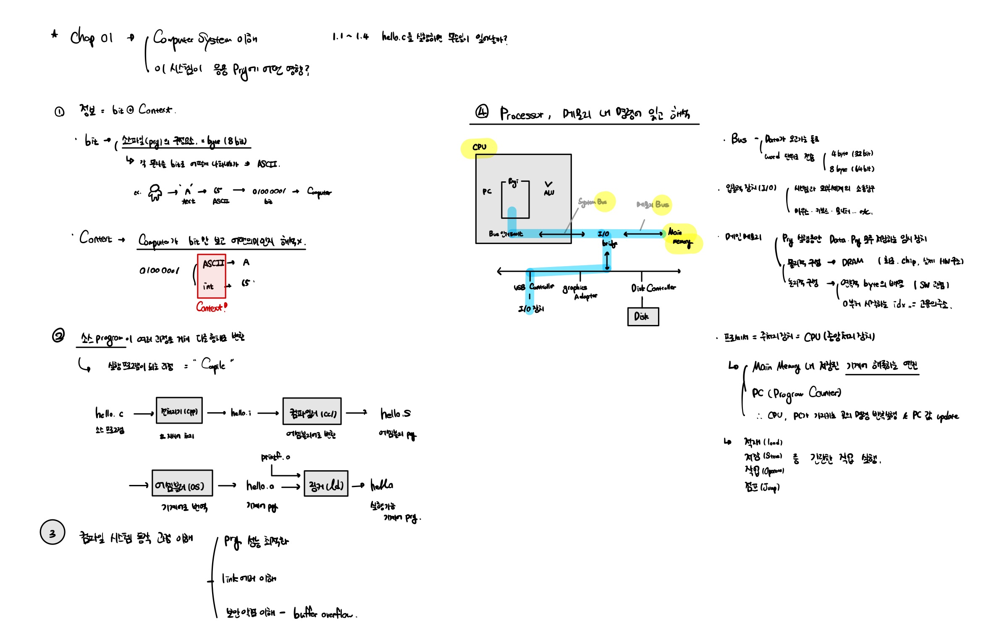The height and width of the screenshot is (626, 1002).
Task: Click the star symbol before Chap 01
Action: [x=55, y=34]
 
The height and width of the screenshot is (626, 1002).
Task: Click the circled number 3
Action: [x=52, y=532]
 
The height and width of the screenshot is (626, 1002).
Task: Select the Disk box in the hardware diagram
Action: [x=643, y=317]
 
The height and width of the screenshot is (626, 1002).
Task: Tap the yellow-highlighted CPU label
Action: [x=479, y=147]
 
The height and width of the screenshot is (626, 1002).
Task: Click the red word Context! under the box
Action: [x=212, y=307]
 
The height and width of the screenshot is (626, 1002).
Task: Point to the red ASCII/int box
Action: [x=212, y=276]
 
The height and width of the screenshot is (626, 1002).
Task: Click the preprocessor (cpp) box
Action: [x=179, y=411]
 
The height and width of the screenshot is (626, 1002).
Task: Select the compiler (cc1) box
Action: [x=312, y=411]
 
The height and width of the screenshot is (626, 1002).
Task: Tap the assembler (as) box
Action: [x=182, y=483]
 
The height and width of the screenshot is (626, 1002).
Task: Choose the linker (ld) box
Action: [x=326, y=484]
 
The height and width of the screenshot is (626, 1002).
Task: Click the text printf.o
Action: [x=275, y=457]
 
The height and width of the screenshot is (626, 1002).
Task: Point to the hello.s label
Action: [x=395, y=414]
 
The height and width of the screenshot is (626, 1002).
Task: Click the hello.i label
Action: [x=241, y=413]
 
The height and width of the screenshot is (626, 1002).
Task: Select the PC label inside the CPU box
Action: [x=487, y=191]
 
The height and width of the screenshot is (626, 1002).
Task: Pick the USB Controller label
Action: [x=534, y=287]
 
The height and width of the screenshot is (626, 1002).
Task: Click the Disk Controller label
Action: [x=653, y=288]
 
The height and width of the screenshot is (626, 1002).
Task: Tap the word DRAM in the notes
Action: [x=852, y=262]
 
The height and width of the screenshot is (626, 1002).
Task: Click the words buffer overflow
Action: [x=324, y=614]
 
